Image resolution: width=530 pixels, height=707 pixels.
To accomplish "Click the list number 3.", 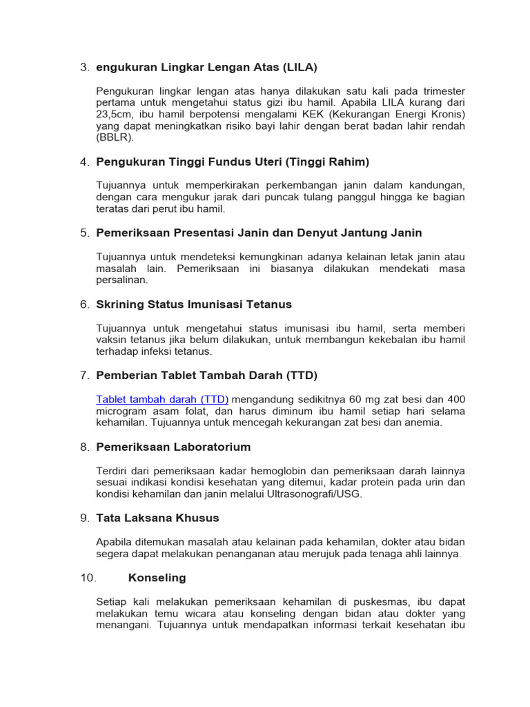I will point(84,67).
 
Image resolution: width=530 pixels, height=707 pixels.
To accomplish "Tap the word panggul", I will point(354,197).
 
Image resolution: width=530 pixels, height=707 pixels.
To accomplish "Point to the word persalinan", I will point(121,280).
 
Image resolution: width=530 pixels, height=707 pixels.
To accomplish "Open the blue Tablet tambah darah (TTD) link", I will point(162,399).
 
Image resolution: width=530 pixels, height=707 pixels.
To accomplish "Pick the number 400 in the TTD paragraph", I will point(455,399).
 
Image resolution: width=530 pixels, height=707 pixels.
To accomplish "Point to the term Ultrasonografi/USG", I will point(309,494).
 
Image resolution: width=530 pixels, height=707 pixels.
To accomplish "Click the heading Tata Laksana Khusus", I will point(158,518).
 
